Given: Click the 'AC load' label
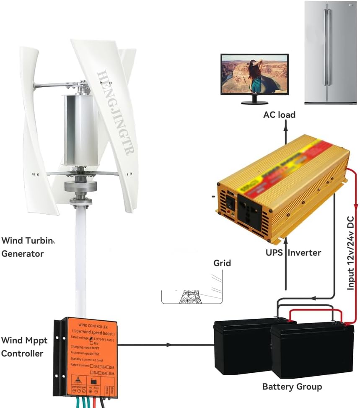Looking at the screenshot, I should click(x=279, y=115).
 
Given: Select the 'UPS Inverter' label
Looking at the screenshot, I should click(x=293, y=252).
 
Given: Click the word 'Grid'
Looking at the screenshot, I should click(x=222, y=263).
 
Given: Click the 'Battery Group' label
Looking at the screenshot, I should click(x=292, y=386).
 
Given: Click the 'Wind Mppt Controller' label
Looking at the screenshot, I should click(x=24, y=346).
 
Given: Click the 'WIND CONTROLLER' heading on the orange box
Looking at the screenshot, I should click(x=93, y=326).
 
